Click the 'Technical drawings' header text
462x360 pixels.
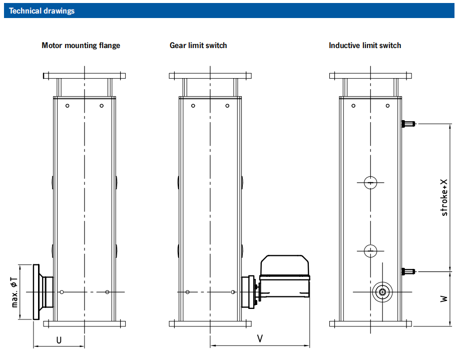click(42, 11)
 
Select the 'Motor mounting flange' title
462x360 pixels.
click(81, 46)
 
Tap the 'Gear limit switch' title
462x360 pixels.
click(198, 46)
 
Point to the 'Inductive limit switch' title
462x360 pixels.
click(365, 46)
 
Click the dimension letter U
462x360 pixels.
click(59, 340)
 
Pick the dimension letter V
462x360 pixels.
click(260, 339)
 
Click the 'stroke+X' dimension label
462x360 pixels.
click(444, 198)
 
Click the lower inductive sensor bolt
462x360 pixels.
click(408, 271)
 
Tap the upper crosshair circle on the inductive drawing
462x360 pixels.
click(370, 183)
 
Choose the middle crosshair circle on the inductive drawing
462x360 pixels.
click(370, 250)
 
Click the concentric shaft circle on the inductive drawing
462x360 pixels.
click(382, 292)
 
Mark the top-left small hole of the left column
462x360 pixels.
click(68, 106)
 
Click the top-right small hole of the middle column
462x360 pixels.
click(227, 106)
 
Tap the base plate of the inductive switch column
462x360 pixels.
click(370, 324)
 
